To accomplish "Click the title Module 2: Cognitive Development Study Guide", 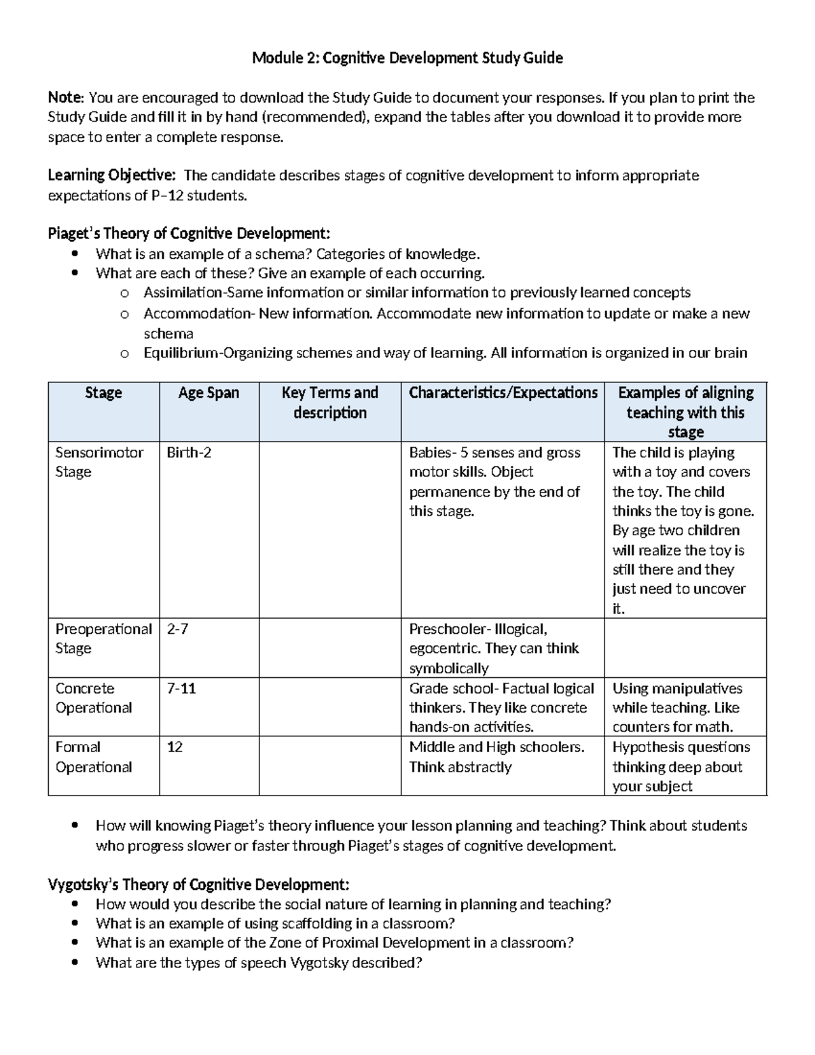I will click(407, 58).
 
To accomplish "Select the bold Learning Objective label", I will click(111, 176).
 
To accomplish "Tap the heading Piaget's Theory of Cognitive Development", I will click(189, 234).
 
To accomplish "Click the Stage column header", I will click(103, 393).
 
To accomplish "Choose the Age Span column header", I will click(209, 393).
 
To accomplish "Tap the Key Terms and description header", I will click(329, 402).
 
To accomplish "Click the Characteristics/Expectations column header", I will click(503, 393).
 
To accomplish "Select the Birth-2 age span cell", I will click(189, 452).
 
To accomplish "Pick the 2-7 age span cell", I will click(177, 629).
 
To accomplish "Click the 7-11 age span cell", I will click(181, 688).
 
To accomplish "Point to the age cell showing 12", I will click(175, 747).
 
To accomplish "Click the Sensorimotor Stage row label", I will click(99, 462).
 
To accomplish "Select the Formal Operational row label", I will click(94, 757).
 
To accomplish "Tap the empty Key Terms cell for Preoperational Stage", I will click(329, 647).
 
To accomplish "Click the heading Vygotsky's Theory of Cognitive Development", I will click(198, 885).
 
